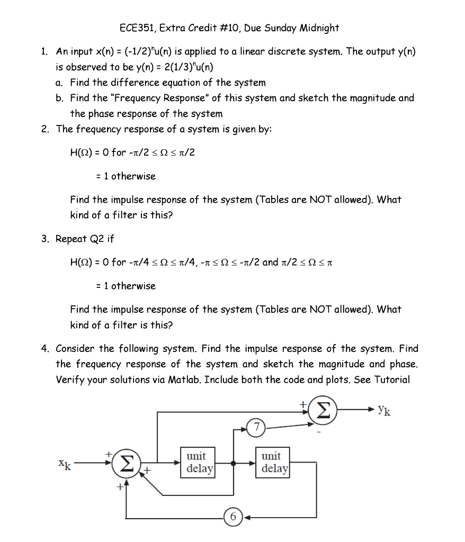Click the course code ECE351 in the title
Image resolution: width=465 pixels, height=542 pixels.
(x=137, y=28)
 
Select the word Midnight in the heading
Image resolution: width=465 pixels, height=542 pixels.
(x=319, y=28)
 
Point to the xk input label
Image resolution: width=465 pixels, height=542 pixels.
(x=65, y=464)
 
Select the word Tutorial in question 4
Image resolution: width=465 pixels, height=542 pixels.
(x=392, y=380)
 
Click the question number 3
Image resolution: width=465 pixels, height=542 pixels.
(x=44, y=239)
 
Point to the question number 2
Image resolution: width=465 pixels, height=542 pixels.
(x=44, y=129)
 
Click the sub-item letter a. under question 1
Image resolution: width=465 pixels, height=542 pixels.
(x=58, y=83)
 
